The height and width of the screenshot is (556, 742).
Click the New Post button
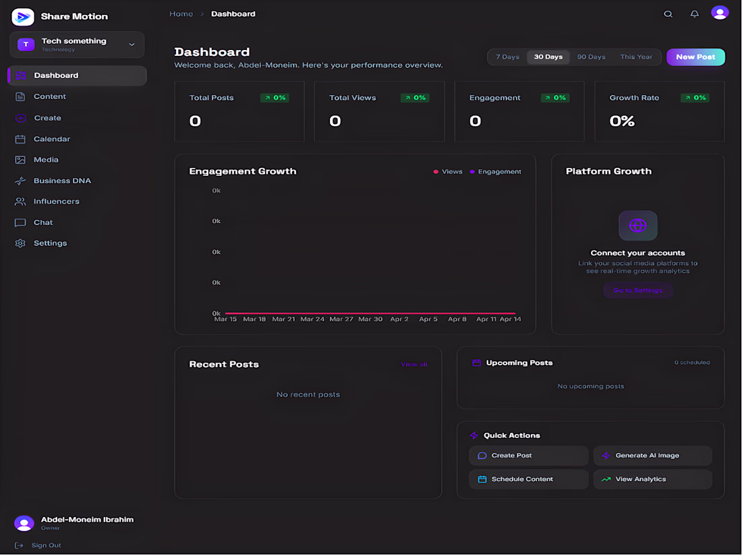pyautogui.click(x=695, y=57)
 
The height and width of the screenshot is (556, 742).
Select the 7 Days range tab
pyautogui.click(x=507, y=57)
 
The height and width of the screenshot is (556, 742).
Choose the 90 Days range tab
pyautogui.click(x=591, y=57)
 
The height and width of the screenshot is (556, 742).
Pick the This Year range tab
pyautogui.click(x=636, y=57)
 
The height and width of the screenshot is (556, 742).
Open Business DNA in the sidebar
pyautogui.click(x=62, y=181)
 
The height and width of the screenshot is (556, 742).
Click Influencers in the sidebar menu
pyautogui.click(x=56, y=202)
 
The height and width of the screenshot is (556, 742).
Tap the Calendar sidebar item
pyautogui.click(x=52, y=139)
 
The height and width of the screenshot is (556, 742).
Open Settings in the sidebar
pyautogui.click(x=50, y=243)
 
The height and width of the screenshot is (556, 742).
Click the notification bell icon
pyautogui.click(x=694, y=14)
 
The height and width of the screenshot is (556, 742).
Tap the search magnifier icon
pyautogui.click(x=668, y=14)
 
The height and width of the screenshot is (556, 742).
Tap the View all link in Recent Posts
pyautogui.click(x=414, y=365)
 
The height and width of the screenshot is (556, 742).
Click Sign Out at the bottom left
pyautogui.click(x=46, y=545)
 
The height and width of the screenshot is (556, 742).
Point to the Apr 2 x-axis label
pyautogui.click(x=399, y=319)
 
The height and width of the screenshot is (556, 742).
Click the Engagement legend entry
pyautogui.click(x=499, y=172)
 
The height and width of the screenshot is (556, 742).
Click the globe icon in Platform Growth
pyautogui.click(x=637, y=226)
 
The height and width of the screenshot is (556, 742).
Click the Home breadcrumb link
pyautogui.click(x=181, y=14)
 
